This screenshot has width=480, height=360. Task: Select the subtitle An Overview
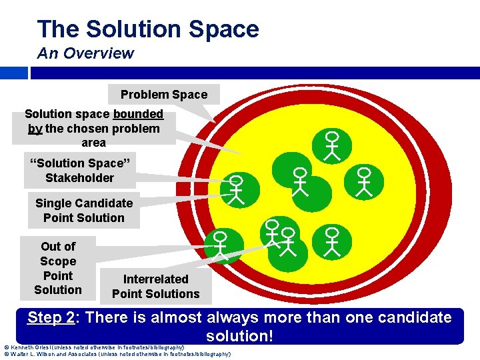85,53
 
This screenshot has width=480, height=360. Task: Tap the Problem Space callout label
164,95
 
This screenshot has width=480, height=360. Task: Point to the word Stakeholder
79,178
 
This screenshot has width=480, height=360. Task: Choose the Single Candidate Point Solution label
84,211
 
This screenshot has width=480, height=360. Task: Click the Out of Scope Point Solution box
58,268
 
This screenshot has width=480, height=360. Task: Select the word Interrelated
156,279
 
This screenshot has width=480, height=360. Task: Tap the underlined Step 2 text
51,317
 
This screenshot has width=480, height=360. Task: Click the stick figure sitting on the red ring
219,243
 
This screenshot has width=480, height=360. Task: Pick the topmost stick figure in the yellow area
331,145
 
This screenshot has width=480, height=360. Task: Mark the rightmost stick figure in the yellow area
364,180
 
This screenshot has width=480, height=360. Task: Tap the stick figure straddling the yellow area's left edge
235,189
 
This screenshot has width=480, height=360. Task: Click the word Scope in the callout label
58,261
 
